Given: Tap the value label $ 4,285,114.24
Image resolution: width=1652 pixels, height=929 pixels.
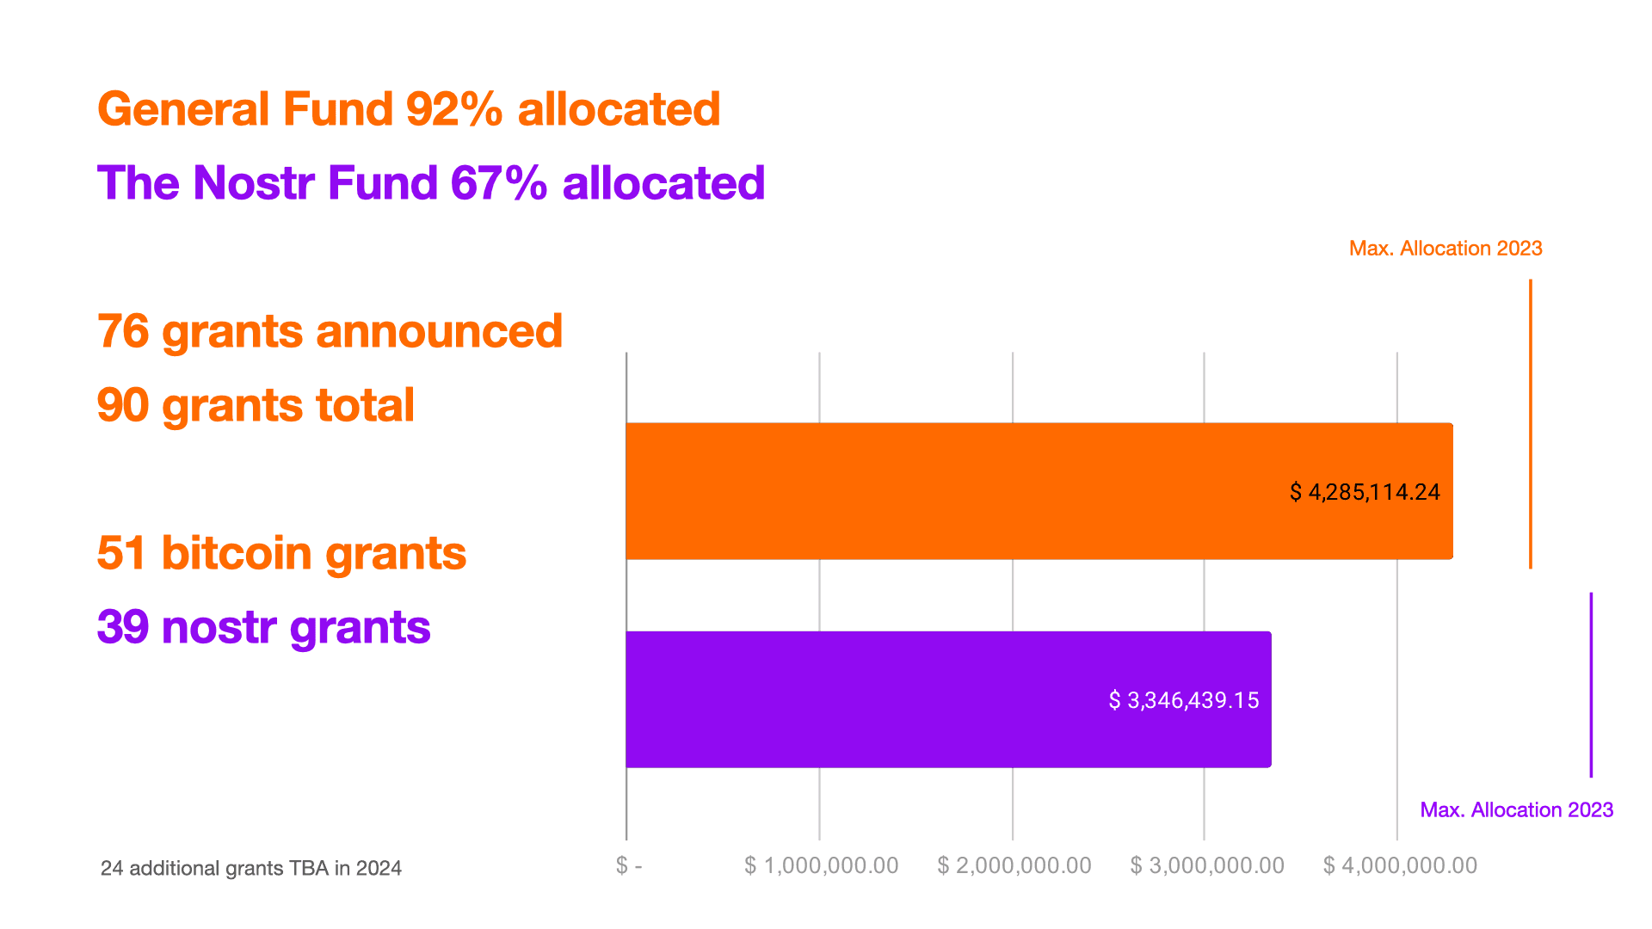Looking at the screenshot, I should tap(1365, 492).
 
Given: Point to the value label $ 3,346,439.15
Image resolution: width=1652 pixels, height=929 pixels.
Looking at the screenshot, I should tap(1184, 700).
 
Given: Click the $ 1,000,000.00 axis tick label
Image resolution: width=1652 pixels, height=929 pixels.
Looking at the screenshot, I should tap(821, 865).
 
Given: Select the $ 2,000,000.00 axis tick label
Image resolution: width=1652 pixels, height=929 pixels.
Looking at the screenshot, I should tap(1014, 865).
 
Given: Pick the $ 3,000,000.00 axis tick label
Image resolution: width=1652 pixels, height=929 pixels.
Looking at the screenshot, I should tap(1206, 865).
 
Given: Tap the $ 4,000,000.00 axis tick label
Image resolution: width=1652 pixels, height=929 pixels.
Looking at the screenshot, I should tap(1400, 865).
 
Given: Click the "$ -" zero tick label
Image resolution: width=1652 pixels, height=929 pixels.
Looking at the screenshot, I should tap(629, 865).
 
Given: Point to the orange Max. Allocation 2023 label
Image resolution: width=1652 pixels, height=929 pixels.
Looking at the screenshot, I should tap(1445, 249).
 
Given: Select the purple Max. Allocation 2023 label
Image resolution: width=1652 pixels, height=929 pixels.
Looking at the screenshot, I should tap(1516, 809).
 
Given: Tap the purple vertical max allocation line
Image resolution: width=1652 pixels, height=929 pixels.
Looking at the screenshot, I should tap(1591, 685).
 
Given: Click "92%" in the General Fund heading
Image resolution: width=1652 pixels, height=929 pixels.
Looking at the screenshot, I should tap(454, 109).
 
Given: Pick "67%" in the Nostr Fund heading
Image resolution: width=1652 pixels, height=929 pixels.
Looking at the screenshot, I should tap(498, 183).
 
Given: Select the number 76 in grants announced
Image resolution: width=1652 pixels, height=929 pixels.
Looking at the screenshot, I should tap(123, 331).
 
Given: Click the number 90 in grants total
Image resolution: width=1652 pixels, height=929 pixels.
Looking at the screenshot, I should tap(123, 405).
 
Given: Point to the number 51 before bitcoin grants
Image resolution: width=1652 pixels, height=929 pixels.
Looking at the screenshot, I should tap(121, 553).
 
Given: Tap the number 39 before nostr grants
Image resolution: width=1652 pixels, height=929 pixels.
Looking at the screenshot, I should tap(123, 627).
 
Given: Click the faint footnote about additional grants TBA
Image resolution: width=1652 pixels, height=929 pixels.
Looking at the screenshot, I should tap(250, 868).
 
